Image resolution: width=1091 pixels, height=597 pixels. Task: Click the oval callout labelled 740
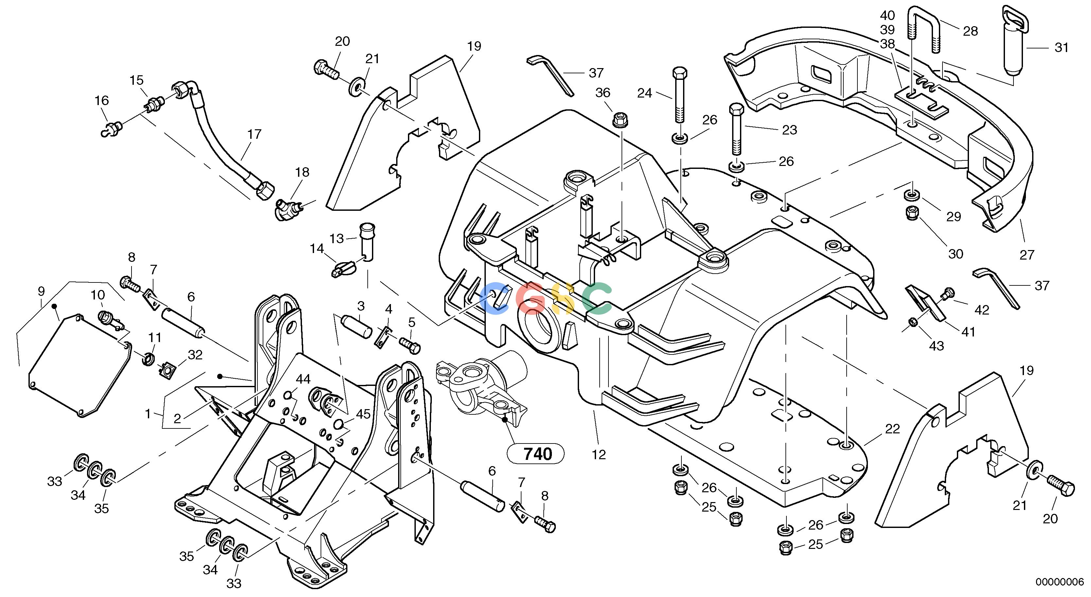click(x=536, y=454)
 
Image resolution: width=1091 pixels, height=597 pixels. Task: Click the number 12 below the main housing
click(x=599, y=455)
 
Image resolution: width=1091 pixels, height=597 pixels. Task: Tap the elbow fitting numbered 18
click(x=290, y=208)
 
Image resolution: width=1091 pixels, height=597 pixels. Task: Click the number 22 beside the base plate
click(x=892, y=429)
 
